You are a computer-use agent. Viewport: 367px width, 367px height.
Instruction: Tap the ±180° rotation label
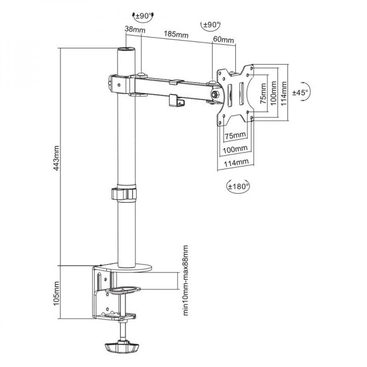click(239, 186)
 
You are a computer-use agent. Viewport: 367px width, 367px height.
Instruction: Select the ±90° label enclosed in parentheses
click(211, 24)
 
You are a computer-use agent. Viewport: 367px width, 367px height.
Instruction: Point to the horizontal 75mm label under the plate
click(235, 135)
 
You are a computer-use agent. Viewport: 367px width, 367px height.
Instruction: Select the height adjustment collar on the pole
click(123, 193)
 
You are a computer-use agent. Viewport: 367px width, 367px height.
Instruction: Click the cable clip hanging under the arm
click(175, 100)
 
